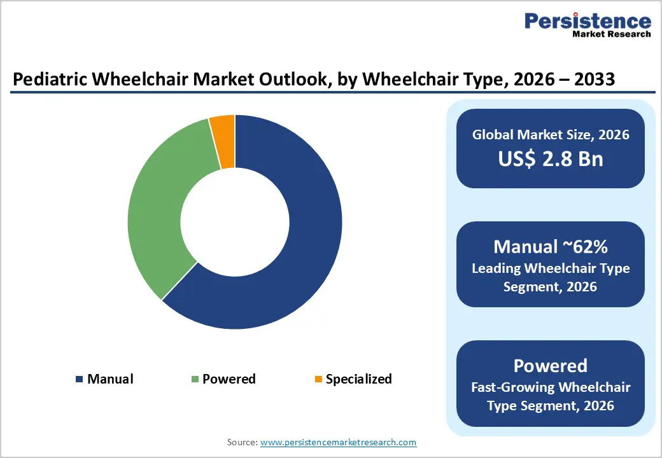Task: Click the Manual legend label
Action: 110,379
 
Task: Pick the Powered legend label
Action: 229,379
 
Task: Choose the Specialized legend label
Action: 358,379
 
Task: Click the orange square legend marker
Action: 318,380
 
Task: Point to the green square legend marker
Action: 195,380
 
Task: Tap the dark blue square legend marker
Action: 80,380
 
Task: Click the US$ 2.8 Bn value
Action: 550,159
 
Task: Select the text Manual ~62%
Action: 550,247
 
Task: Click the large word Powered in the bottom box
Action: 550,366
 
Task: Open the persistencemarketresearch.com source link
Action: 338,442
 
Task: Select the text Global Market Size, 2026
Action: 550,134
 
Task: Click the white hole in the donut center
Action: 234,222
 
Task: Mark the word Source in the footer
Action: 241,442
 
